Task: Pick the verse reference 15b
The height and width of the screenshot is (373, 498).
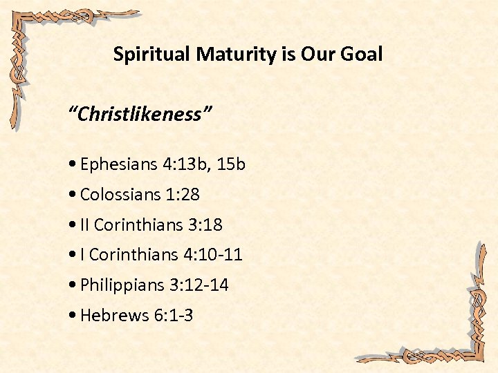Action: pos(230,164)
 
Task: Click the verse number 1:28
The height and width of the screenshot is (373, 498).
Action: pos(183,195)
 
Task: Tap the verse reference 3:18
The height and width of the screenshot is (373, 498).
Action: pos(205,225)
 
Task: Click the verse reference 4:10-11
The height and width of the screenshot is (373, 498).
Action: pos(213,255)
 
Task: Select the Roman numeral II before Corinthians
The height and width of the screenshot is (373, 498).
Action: pos(85,225)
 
